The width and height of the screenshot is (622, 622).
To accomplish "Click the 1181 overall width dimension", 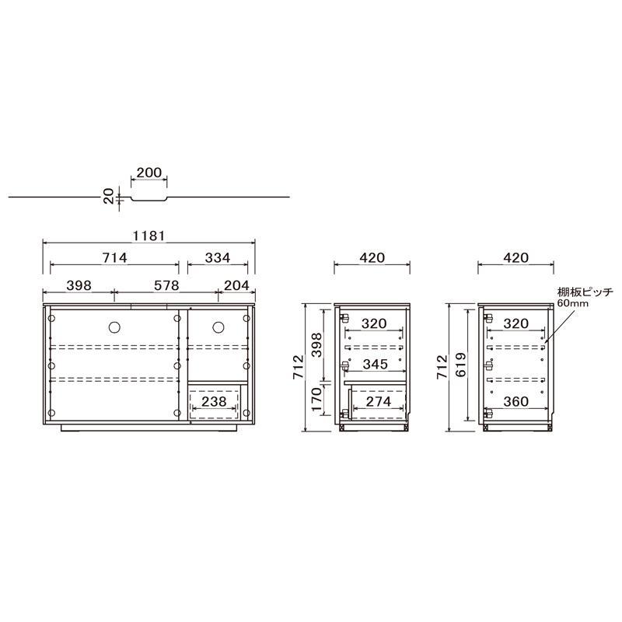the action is pyautogui.click(x=149, y=236).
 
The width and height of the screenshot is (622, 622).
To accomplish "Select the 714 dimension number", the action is pyautogui.click(x=114, y=258).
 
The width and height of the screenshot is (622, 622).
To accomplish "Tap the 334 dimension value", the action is pyautogui.click(x=218, y=258).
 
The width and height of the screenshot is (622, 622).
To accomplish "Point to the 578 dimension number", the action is pyautogui.click(x=166, y=285).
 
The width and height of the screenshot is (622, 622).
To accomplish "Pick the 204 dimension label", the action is pyautogui.click(x=236, y=285).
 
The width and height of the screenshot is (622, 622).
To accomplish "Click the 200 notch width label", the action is pyautogui.click(x=149, y=173).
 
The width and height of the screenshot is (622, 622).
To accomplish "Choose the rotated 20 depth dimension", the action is pyautogui.click(x=109, y=197).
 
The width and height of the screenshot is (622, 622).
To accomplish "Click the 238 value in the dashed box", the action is pyautogui.click(x=215, y=401).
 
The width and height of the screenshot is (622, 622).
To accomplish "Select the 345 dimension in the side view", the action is pyautogui.click(x=376, y=364).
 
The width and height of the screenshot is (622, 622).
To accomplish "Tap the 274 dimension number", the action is pyautogui.click(x=379, y=401).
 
